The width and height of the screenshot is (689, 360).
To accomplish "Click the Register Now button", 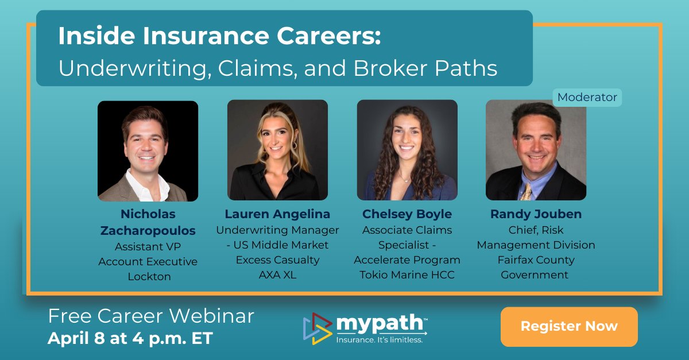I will coord(569,326).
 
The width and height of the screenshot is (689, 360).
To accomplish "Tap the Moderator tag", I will coord(587,97).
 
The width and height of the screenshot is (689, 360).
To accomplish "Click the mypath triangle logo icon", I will coord(317,328).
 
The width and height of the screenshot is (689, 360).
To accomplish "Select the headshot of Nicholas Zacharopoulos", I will coord(148,151).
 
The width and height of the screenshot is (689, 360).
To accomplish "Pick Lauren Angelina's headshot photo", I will coord(277,150).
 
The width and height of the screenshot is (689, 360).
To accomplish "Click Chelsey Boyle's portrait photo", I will coord(407,150).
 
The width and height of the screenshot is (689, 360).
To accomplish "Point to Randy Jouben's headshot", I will coord(536,150).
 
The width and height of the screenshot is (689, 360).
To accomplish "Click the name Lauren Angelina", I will coord(277,214).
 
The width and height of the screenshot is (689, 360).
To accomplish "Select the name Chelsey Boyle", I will coord(407,214).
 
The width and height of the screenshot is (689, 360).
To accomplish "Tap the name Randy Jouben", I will coord(536,214).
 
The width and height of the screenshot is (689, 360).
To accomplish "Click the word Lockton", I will coord(149,276).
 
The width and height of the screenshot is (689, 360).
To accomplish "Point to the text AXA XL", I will coord(277,275).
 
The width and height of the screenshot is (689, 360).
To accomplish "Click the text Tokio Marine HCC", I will coord(407,275).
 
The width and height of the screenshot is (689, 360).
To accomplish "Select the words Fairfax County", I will coord(535,260).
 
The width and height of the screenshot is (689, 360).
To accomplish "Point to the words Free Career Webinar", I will coord(151,316).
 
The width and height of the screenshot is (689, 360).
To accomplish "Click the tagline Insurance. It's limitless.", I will coord(380,340).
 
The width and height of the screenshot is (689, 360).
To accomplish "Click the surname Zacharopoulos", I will coord(148,231).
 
